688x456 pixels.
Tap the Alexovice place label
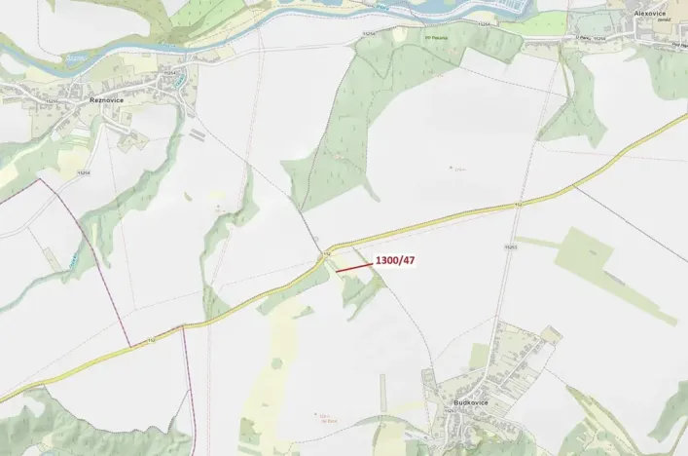650,14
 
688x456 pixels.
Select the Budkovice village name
470,402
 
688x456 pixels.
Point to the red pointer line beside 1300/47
354,266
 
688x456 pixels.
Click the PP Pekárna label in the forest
438,39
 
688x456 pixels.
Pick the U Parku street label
583,37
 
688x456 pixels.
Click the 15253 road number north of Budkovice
510,248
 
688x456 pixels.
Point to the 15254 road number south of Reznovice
84,172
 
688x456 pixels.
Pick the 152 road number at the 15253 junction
519,206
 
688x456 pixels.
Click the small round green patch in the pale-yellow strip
276,363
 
